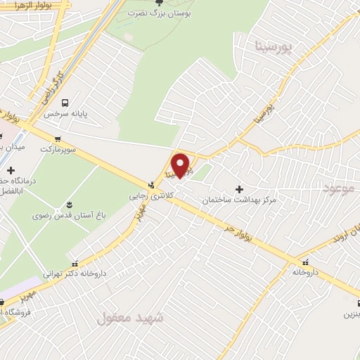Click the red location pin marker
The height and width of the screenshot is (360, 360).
click(x=181, y=166)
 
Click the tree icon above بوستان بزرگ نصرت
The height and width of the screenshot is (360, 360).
click(x=159, y=4)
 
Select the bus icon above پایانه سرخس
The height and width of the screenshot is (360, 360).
click(x=65, y=102)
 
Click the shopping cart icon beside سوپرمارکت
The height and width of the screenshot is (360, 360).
click(x=57, y=139)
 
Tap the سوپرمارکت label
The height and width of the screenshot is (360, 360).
click(x=57, y=149)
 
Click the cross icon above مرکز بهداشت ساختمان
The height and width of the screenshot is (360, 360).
click(x=240, y=189)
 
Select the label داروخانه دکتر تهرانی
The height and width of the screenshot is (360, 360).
click(x=75, y=274)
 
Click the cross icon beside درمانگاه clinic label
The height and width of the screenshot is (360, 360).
click(x=11, y=169)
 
